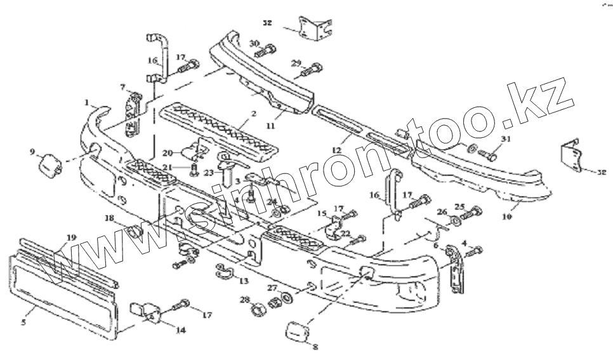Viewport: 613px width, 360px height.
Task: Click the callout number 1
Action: (x=86, y=102)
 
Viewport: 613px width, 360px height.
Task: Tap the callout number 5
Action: (x=23, y=323)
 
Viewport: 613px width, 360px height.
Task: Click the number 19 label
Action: (x=71, y=237)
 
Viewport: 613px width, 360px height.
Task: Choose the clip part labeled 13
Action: (x=223, y=270)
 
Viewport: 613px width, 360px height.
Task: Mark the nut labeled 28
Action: (x=258, y=309)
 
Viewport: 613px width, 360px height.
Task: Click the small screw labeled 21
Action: (x=192, y=168)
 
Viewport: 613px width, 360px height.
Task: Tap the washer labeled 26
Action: (x=455, y=222)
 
